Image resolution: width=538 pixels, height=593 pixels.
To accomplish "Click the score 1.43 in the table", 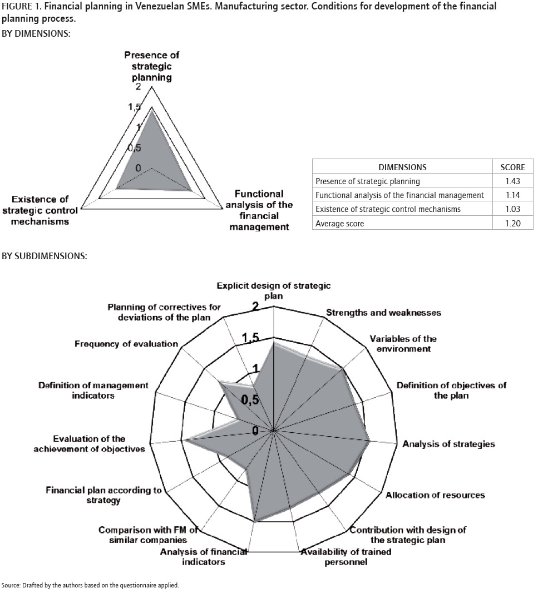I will click(512, 181).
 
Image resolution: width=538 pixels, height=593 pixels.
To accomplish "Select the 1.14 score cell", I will click(512, 195).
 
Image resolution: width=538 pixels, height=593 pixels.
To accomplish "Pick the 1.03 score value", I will click(512, 209).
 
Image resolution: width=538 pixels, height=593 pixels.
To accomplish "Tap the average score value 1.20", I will click(512, 224).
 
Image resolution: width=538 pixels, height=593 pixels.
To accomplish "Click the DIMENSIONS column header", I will click(402, 167).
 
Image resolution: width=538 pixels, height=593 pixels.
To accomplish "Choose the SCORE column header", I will click(512, 167).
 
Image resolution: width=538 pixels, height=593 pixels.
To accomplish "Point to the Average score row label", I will click(340, 224).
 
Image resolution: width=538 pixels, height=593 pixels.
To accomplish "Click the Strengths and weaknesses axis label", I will click(383, 313).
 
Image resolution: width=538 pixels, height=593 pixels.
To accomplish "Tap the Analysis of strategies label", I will click(448, 444).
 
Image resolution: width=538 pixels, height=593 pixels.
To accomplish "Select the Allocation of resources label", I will click(435, 495).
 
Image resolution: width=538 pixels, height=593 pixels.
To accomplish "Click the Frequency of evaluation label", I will click(126, 344).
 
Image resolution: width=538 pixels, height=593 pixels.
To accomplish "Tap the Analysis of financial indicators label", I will click(204, 557).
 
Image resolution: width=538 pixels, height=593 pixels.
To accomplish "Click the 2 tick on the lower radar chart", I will click(256, 307).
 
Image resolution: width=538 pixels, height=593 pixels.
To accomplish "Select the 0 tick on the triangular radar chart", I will click(138, 167).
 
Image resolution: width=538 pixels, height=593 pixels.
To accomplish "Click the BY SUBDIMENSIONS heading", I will click(45, 256).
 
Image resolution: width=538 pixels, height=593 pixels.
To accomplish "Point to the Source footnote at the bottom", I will click(90, 585).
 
